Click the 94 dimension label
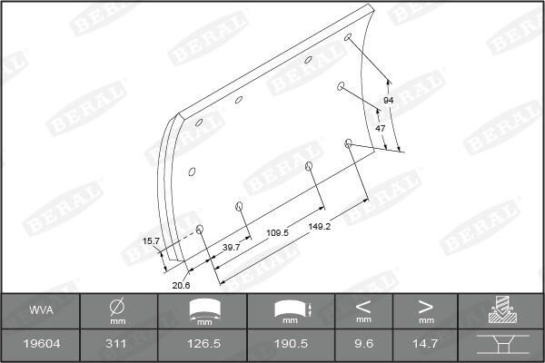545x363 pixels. [x=388, y=100]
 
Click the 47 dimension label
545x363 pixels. [x=381, y=129]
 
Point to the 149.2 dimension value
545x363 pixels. [x=319, y=225]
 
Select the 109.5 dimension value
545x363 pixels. [x=277, y=233]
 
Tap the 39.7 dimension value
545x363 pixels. [x=231, y=247]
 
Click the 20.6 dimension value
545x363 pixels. [x=181, y=285]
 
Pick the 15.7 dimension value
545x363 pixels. [x=151, y=240]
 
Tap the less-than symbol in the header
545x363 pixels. [x=363, y=305]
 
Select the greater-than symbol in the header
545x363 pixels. [x=425, y=305]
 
